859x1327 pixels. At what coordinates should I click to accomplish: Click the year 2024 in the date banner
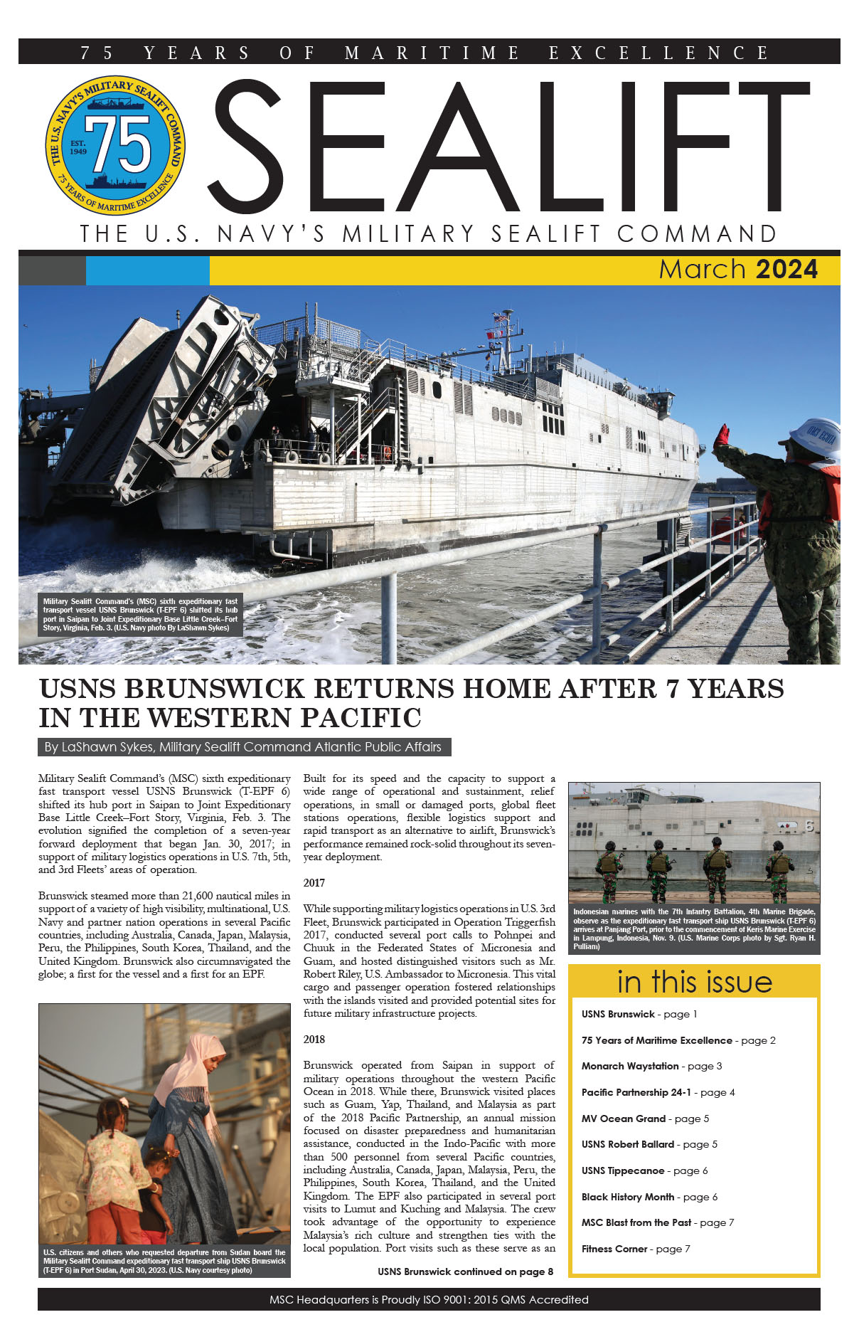coord(786,270)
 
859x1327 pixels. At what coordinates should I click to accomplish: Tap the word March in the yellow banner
coord(701,270)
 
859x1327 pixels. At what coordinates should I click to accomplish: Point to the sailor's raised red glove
coord(722,434)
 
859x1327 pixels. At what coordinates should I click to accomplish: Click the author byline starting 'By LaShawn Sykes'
coord(242,747)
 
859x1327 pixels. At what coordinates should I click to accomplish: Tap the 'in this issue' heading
coord(694,982)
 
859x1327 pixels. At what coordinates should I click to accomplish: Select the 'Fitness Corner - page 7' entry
coord(635,1249)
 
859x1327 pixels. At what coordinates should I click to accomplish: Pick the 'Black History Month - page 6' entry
coord(649,1197)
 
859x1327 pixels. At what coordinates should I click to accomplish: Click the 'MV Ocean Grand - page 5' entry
coord(645,1119)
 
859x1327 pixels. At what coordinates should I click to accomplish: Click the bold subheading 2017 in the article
coord(314,883)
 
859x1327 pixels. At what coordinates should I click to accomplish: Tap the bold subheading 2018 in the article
coord(314,1040)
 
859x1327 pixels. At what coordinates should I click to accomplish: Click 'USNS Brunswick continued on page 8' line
coord(465,1272)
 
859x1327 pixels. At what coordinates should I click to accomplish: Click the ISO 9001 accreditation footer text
coord(429,1299)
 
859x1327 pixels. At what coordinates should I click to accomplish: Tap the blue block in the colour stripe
coord(147,270)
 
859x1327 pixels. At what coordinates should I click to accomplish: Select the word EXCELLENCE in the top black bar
coord(658,53)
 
